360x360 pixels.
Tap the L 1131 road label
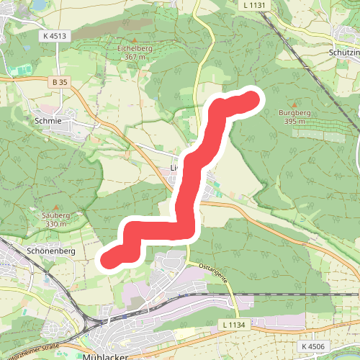click(x=254, y=5)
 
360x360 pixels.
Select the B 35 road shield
click(x=60, y=83)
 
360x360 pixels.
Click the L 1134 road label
click(x=235, y=325)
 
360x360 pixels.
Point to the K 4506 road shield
click(x=313, y=346)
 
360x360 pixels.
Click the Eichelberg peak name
click(x=135, y=48)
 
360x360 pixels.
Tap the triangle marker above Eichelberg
click(x=135, y=40)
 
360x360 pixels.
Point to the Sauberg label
click(x=45, y=215)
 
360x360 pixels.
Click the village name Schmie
click(x=48, y=122)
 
